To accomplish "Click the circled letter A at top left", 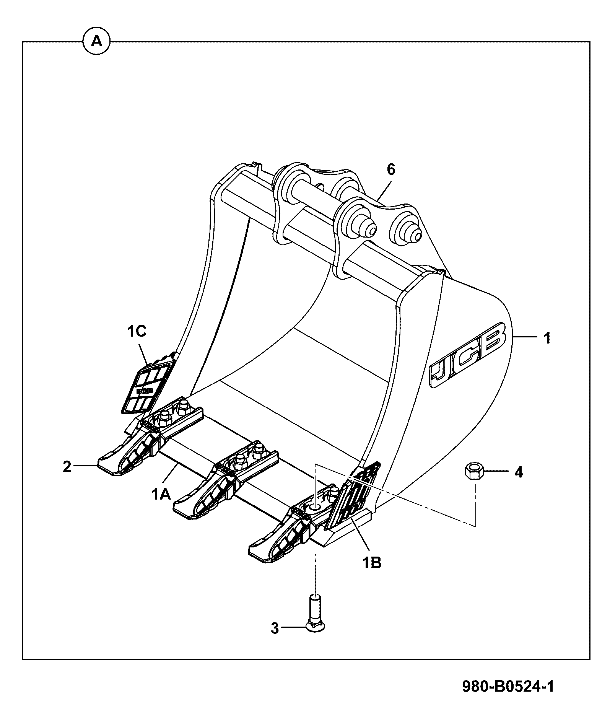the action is (x=96, y=41).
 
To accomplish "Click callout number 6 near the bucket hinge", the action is (x=391, y=169).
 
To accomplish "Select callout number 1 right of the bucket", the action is (x=547, y=338).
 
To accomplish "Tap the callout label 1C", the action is (x=137, y=331).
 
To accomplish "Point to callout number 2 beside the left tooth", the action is (x=67, y=466).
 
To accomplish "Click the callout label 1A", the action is (x=161, y=495).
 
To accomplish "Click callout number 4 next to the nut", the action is (x=518, y=472).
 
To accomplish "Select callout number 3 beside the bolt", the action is (x=275, y=628).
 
